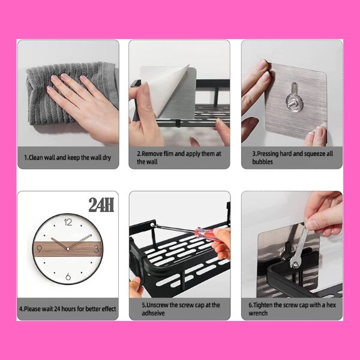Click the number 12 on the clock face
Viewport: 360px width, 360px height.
coord(68,222)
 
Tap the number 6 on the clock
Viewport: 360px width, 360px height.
coord(68,277)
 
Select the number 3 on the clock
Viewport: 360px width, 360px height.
coord(96,249)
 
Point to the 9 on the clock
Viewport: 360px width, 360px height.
coord(39,249)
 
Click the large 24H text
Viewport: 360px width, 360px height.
coord(101,205)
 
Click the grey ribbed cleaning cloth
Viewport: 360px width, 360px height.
coord(69,93)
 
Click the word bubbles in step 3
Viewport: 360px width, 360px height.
coord(262,161)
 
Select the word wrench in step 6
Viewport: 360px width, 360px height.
coord(258,313)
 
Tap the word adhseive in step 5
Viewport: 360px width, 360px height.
coord(153,313)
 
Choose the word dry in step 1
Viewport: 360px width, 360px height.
coord(106,158)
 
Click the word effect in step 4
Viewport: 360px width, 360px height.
coord(109,309)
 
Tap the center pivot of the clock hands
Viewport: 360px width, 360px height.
coord(68,248)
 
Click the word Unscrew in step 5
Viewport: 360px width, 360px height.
coord(157,305)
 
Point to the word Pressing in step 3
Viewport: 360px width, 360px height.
coord(268,154)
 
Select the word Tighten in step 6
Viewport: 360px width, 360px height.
coord(263,305)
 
